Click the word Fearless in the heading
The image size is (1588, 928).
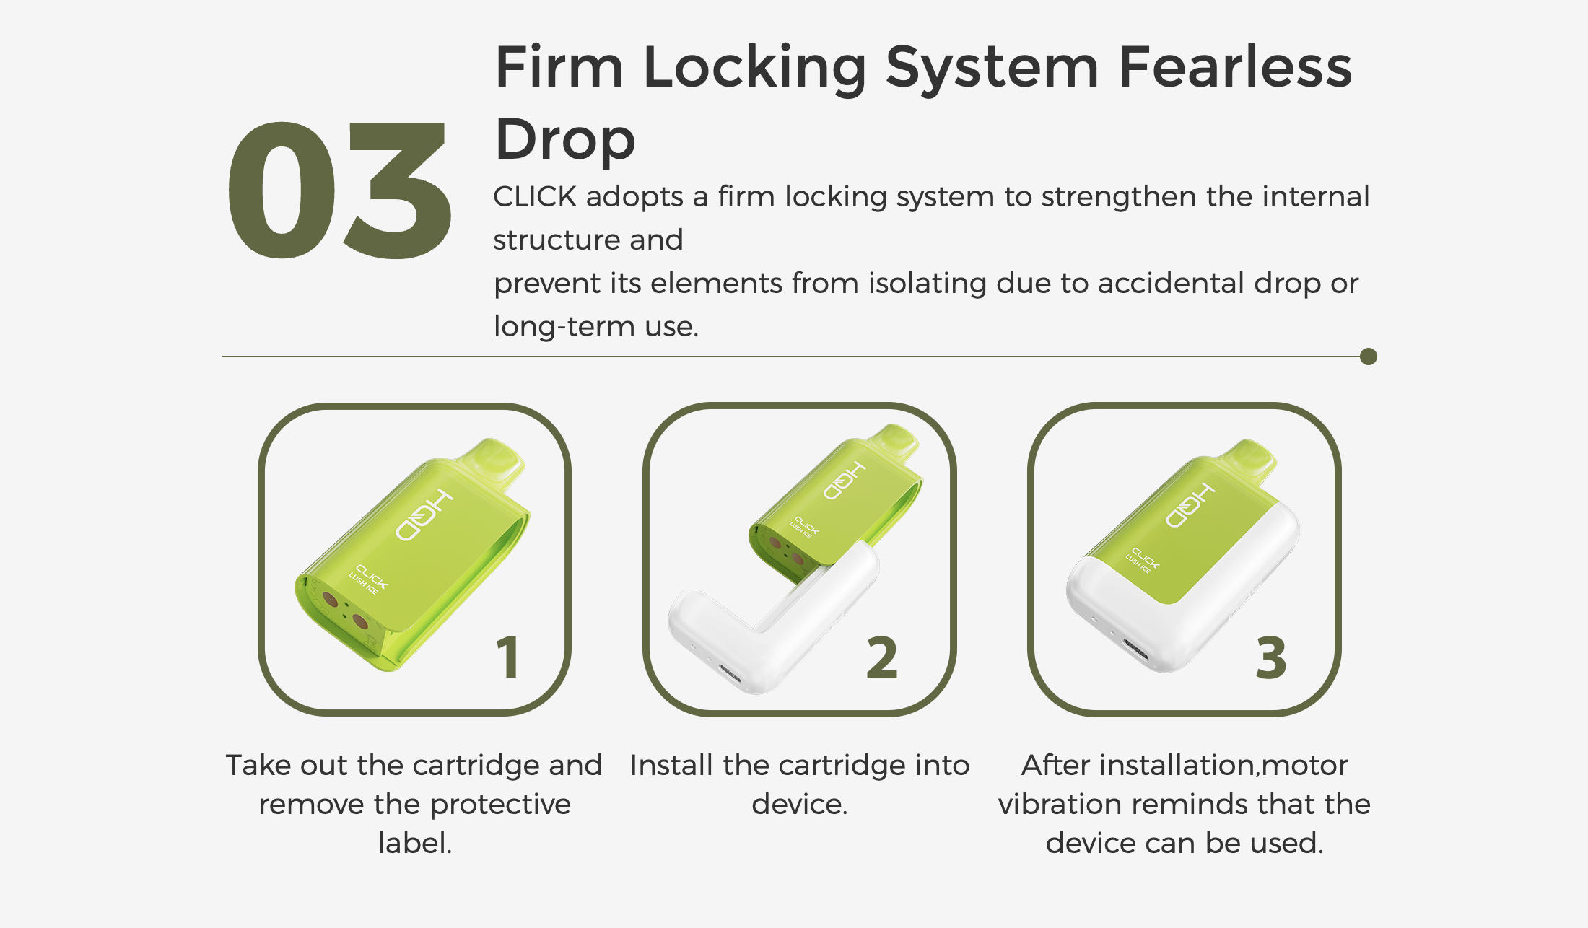(1235, 67)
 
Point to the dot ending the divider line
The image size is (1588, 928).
(1368, 356)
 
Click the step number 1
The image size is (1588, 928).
(508, 657)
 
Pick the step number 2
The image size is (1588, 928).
(882, 657)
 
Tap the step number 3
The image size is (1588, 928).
(1271, 657)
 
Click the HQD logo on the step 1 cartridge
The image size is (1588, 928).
(424, 515)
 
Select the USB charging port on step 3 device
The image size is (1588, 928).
(1135, 649)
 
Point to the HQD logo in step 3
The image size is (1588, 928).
(1190, 504)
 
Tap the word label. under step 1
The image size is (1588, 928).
(415, 843)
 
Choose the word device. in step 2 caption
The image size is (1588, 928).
(799, 804)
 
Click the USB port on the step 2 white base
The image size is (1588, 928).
(730, 676)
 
